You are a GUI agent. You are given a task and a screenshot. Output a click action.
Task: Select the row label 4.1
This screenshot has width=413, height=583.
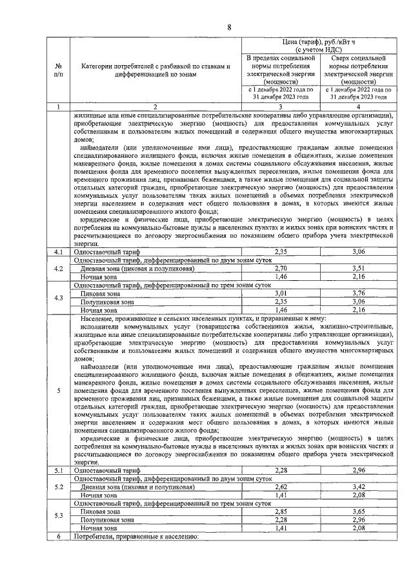pos(59,251)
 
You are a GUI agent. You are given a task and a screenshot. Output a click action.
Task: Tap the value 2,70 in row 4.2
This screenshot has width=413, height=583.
pos(280,267)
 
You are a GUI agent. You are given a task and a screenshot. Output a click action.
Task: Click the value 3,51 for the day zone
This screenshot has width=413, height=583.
pos(359,267)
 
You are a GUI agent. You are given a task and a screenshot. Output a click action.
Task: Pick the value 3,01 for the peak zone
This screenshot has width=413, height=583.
pos(280,292)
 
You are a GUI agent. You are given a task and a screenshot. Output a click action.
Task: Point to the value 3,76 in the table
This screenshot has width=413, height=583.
pos(359,292)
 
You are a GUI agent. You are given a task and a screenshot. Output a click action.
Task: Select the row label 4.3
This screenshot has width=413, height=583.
pos(59,297)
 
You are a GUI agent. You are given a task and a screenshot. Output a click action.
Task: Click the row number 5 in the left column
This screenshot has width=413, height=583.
pos(59,391)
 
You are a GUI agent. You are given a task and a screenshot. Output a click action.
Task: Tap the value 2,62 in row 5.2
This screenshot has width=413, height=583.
pos(280,487)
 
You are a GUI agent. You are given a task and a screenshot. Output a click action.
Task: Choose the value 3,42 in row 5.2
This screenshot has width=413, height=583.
pos(359,487)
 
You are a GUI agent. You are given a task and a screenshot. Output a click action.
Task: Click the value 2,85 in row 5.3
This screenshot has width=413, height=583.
pos(280,511)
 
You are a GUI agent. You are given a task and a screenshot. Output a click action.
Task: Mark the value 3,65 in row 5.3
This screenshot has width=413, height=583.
pos(359,511)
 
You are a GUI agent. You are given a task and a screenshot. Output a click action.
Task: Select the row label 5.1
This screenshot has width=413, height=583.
pos(59,471)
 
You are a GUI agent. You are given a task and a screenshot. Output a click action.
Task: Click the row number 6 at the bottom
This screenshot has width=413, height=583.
pos(59,536)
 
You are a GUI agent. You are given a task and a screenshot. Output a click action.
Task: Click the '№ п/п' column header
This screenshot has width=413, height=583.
pos(59,70)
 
